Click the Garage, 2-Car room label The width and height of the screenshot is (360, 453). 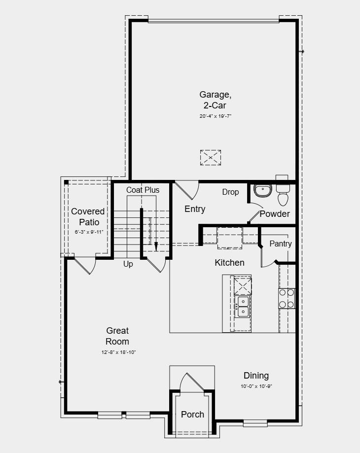click(215, 100)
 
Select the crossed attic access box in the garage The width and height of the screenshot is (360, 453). click(211, 158)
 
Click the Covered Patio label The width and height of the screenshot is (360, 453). click(88, 216)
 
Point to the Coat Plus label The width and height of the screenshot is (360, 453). click(143, 190)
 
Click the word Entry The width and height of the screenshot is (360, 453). click(195, 209)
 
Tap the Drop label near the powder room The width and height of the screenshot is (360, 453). click(230, 192)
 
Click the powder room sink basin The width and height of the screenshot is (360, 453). click(263, 190)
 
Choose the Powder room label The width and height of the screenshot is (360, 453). click(275, 213)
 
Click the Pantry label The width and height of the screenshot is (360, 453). click(280, 244)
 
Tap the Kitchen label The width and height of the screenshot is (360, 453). click(229, 263)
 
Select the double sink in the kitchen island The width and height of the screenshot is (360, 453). click(243, 306)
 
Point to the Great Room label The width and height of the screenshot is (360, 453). click(117, 336)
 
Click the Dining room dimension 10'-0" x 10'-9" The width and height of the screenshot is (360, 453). click(256, 386)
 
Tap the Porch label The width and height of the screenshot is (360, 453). click(192, 414)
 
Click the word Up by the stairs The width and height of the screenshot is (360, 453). click(128, 264)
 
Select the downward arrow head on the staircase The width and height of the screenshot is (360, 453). click(156, 246)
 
